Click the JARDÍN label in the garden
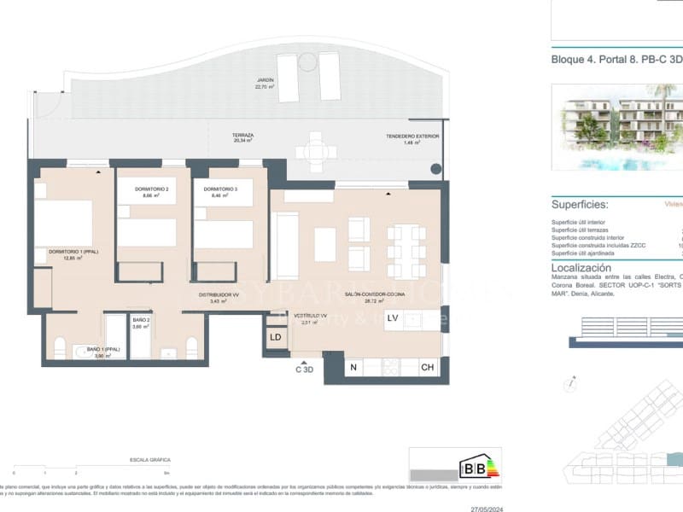point(266,81)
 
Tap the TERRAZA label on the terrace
point(242,136)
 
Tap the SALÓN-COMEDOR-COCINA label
point(369,294)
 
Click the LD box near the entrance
point(276,337)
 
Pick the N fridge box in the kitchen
point(353,368)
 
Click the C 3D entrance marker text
point(304,369)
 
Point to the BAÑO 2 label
point(142,320)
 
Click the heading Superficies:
point(580,205)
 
